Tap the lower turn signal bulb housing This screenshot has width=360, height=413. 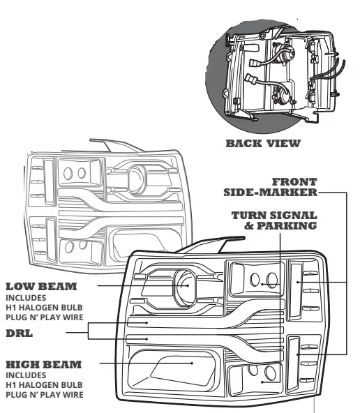[x=262, y=381]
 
